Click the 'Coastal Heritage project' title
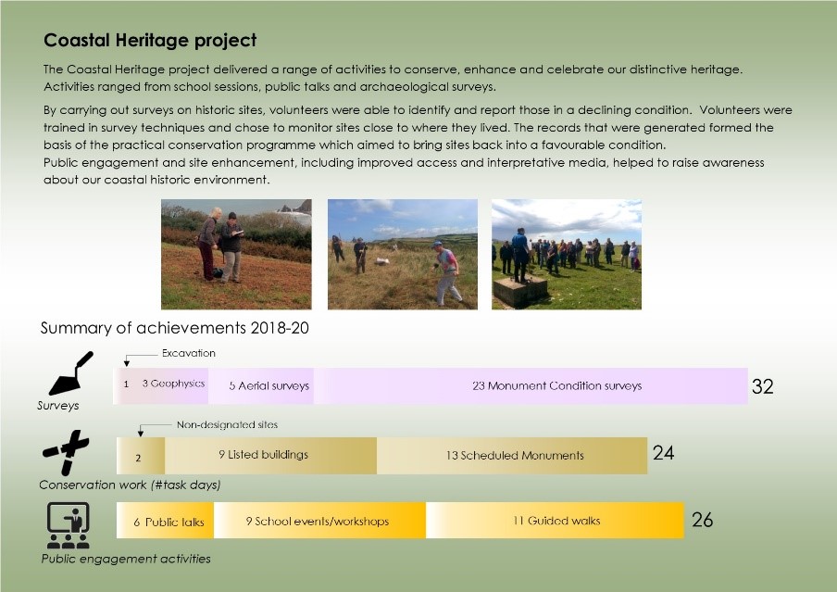click(x=150, y=40)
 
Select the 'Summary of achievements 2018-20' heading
click(x=175, y=328)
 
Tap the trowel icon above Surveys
click(x=71, y=373)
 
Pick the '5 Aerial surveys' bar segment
click(x=261, y=385)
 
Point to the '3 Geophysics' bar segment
click(x=173, y=385)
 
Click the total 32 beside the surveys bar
click(x=762, y=386)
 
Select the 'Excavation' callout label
click(x=189, y=353)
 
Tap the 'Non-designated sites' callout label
click(x=228, y=424)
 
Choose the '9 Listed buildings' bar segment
click(x=270, y=455)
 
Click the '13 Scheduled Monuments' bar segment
click(x=512, y=455)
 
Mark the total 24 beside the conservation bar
click(x=664, y=453)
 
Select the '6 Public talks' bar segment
click(x=165, y=521)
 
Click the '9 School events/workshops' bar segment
click(x=319, y=521)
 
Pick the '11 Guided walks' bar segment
click(x=556, y=521)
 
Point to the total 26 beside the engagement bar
click(x=703, y=520)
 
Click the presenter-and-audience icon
click(x=68, y=525)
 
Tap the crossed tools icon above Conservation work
click(x=66, y=452)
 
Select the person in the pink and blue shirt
click(x=447, y=273)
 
